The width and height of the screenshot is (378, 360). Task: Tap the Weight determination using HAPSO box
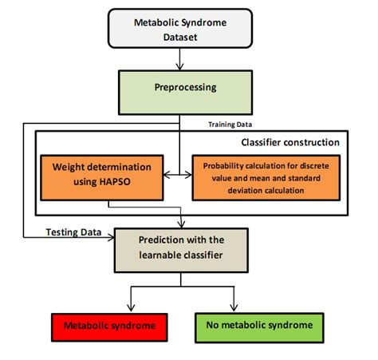click(100, 176)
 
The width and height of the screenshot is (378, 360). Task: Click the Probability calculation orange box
click(269, 176)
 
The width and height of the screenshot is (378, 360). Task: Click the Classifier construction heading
click(289, 142)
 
